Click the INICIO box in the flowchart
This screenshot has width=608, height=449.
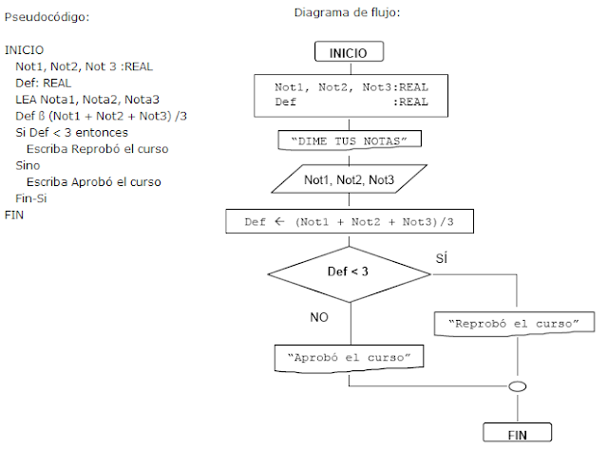tap(349, 51)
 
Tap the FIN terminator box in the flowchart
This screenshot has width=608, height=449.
tap(517, 432)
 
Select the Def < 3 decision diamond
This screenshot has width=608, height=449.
tap(349, 274)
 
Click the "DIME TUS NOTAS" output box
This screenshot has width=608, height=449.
tap(350, 140)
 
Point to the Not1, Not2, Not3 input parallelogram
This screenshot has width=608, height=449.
tap(349, 179)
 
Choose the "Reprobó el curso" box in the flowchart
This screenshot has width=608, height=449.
tap(514, 324)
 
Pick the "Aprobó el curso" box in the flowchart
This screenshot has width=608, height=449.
tap(349, 358)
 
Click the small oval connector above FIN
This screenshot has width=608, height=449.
tap(517, 386)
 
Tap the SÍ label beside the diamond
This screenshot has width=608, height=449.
tap(442, 258)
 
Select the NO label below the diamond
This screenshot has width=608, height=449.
tap(319, 317)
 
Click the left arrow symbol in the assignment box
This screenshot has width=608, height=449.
tap(279, 221)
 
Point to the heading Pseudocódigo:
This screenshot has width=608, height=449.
tap(47, 17)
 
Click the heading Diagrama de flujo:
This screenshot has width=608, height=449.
tap(347, 12)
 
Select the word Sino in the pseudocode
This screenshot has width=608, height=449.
tap(28, 165)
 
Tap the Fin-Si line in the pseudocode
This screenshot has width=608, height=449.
tap(31, 198)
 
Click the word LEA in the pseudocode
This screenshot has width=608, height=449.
tap(27, 100)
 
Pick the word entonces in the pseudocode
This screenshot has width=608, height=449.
tap(102, 133)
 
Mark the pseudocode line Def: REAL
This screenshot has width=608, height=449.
tap(44, 83)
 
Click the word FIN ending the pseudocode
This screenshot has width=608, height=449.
tap(14, 215)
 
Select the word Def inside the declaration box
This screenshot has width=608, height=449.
tap(285, 102)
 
